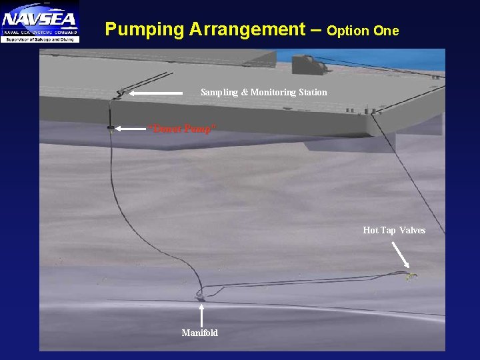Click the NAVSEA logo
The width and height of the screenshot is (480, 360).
click(x=40, y=21)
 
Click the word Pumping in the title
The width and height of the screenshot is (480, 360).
click(x=144, y=30)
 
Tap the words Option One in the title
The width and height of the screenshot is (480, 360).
click(x=363, y=31)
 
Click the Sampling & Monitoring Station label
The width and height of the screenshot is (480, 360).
click(x=264, y=92)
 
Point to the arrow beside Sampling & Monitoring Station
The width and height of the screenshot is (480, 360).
click(x=156, y=93)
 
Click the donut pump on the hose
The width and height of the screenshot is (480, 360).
click(x=111, y=127)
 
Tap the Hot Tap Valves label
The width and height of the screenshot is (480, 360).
click(x=394, y=230)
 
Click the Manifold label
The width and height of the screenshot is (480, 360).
click(x=200, y=333)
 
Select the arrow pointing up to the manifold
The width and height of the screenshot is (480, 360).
click(x=201, y=315)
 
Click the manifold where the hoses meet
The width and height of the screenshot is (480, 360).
click(x=200, y=295)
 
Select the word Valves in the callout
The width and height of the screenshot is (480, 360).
click(x=413, y=230)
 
